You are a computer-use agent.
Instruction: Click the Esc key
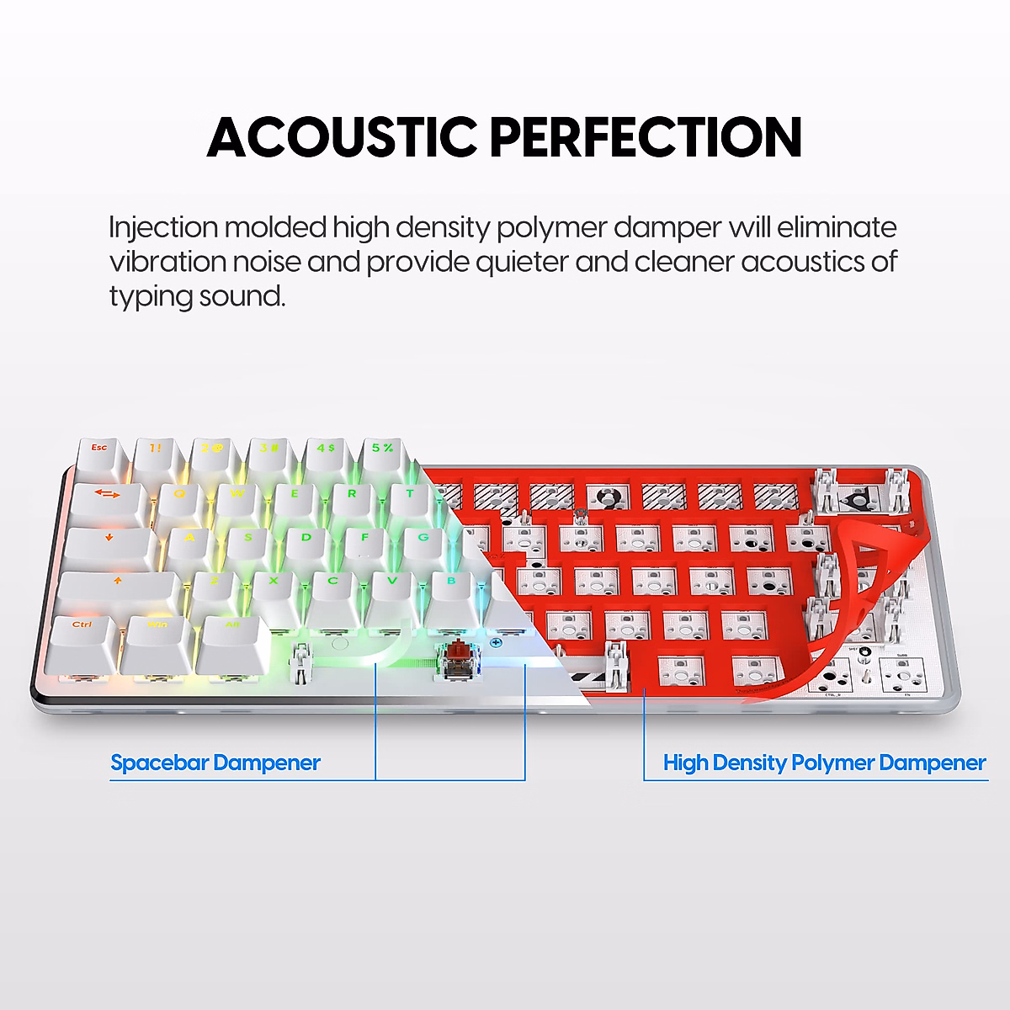tap(99, 449)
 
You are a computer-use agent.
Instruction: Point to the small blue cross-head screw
tap(496, 643)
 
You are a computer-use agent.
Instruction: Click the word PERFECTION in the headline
tap(646, 137)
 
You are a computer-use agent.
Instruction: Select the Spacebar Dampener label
tap(215, 763)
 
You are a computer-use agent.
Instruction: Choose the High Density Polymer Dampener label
tap(824, 763)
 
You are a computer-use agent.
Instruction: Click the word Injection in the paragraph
tap(163, 228)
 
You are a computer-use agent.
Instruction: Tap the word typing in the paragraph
tap(150, 296)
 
